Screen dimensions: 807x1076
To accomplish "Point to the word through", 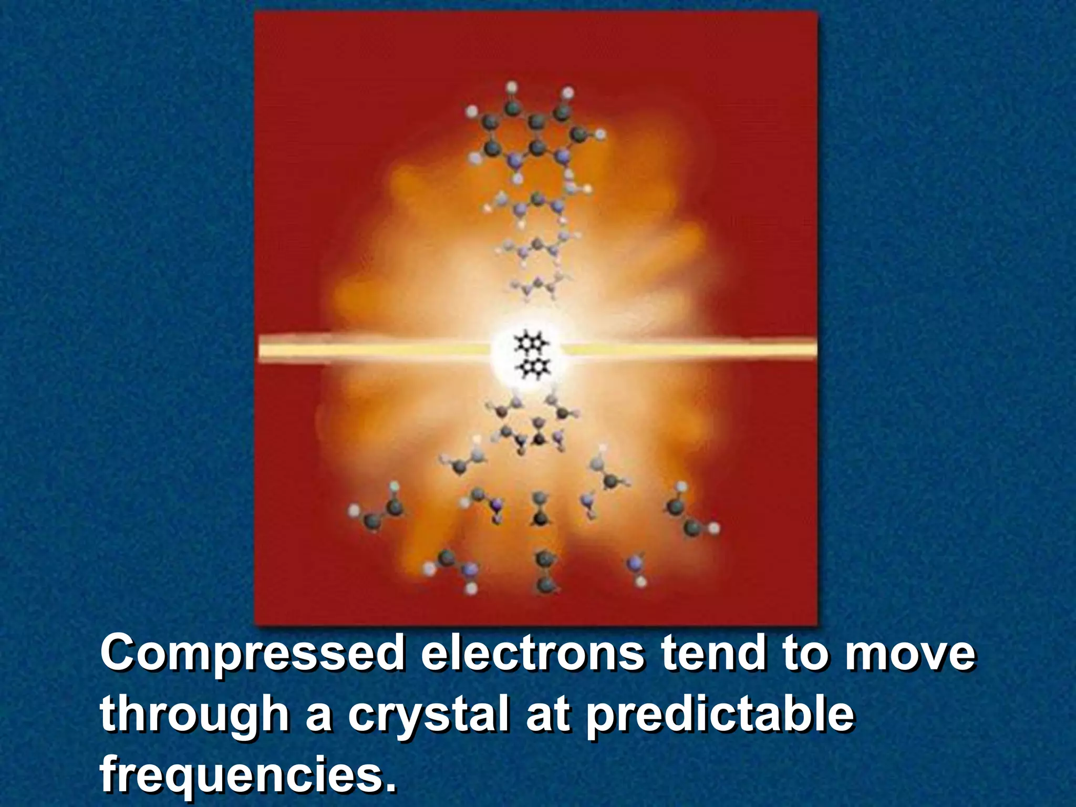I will [194, 716].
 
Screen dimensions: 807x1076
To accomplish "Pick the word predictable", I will [720, 716].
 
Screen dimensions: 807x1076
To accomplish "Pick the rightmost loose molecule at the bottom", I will [689, 512].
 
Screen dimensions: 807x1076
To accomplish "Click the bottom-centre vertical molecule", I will [543, 572].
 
